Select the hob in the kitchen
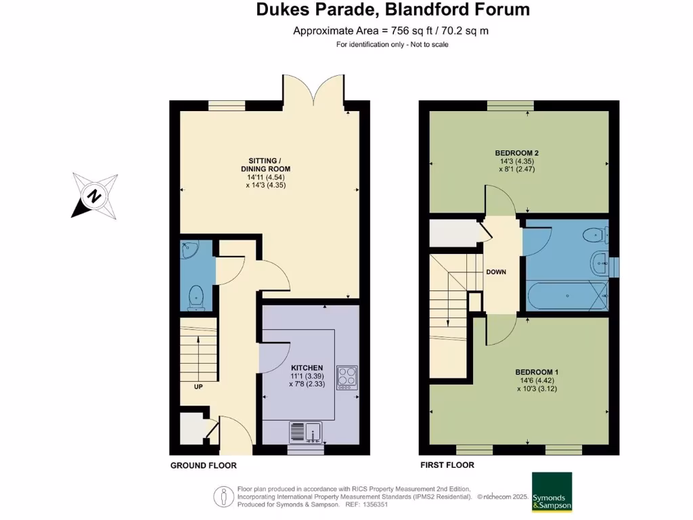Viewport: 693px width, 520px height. (346, 376)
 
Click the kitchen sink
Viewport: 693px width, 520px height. (305, 431)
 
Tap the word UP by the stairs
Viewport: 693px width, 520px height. (198, 387)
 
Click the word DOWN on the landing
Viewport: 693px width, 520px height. (496, 272)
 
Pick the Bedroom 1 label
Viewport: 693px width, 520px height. (537, 372)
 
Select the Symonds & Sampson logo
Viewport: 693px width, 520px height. (552, 492)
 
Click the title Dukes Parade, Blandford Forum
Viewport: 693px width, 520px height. (393, 10)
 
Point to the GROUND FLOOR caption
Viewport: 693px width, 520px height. (203, 466)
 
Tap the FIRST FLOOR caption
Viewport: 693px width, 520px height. (447, 465)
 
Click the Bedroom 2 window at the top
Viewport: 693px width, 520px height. (510, 105)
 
